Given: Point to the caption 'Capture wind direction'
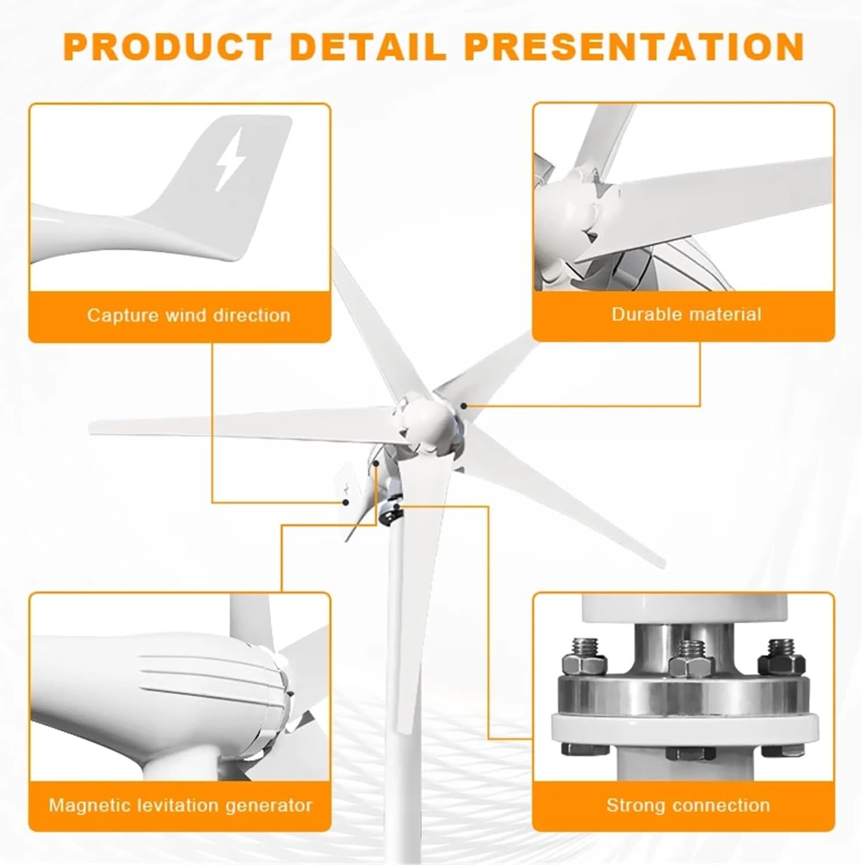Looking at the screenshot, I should [x=188, y=316].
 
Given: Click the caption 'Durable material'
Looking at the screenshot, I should [x=686, y=314].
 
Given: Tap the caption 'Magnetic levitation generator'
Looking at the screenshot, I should [x=180, y=805].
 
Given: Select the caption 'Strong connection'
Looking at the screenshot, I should [x=688, y=805].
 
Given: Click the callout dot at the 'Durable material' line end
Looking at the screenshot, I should [x=464, y=406].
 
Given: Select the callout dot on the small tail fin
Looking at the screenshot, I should [x=345, y=502].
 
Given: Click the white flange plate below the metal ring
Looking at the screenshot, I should [x=685, y=728].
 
